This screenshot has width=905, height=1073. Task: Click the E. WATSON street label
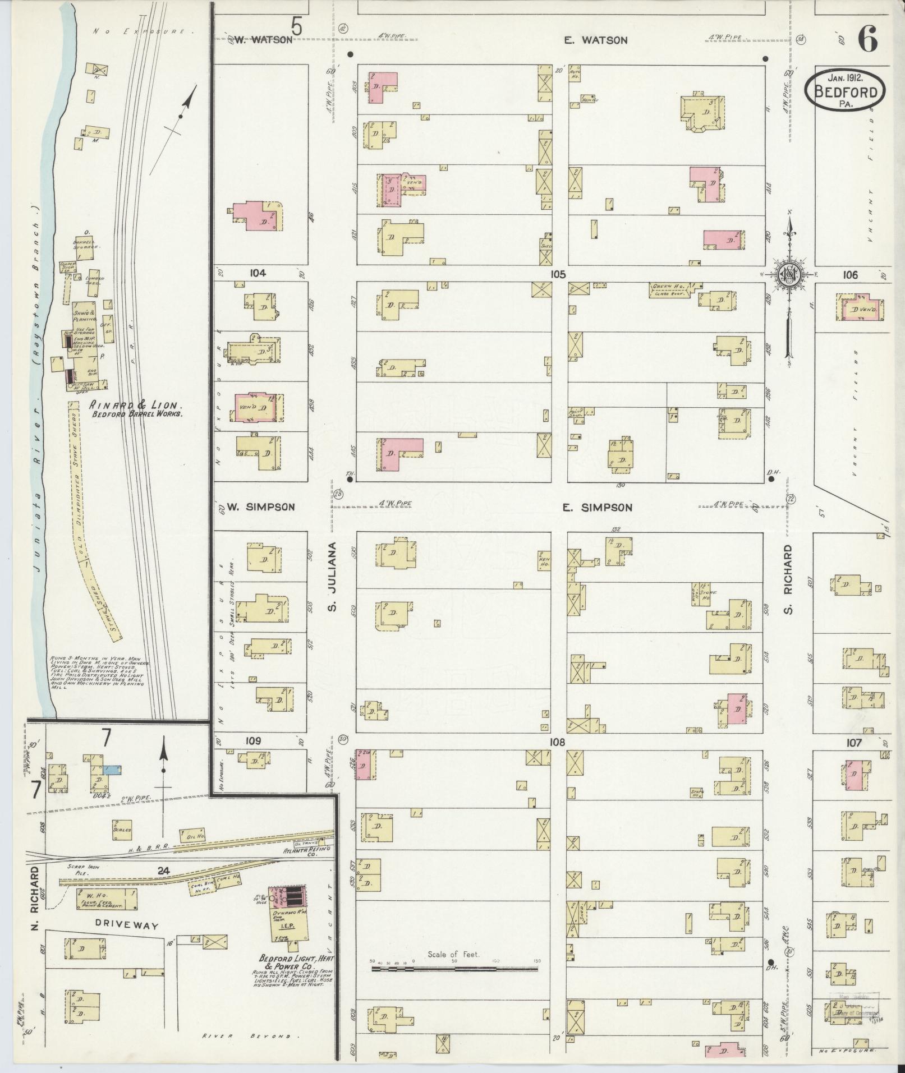click(x=595, y=40)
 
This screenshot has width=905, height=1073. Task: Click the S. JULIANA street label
click(x=332, y=576)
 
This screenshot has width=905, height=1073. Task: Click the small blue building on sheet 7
click(x=114, y=771)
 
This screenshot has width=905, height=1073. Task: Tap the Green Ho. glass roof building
click(x=669, y=289)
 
